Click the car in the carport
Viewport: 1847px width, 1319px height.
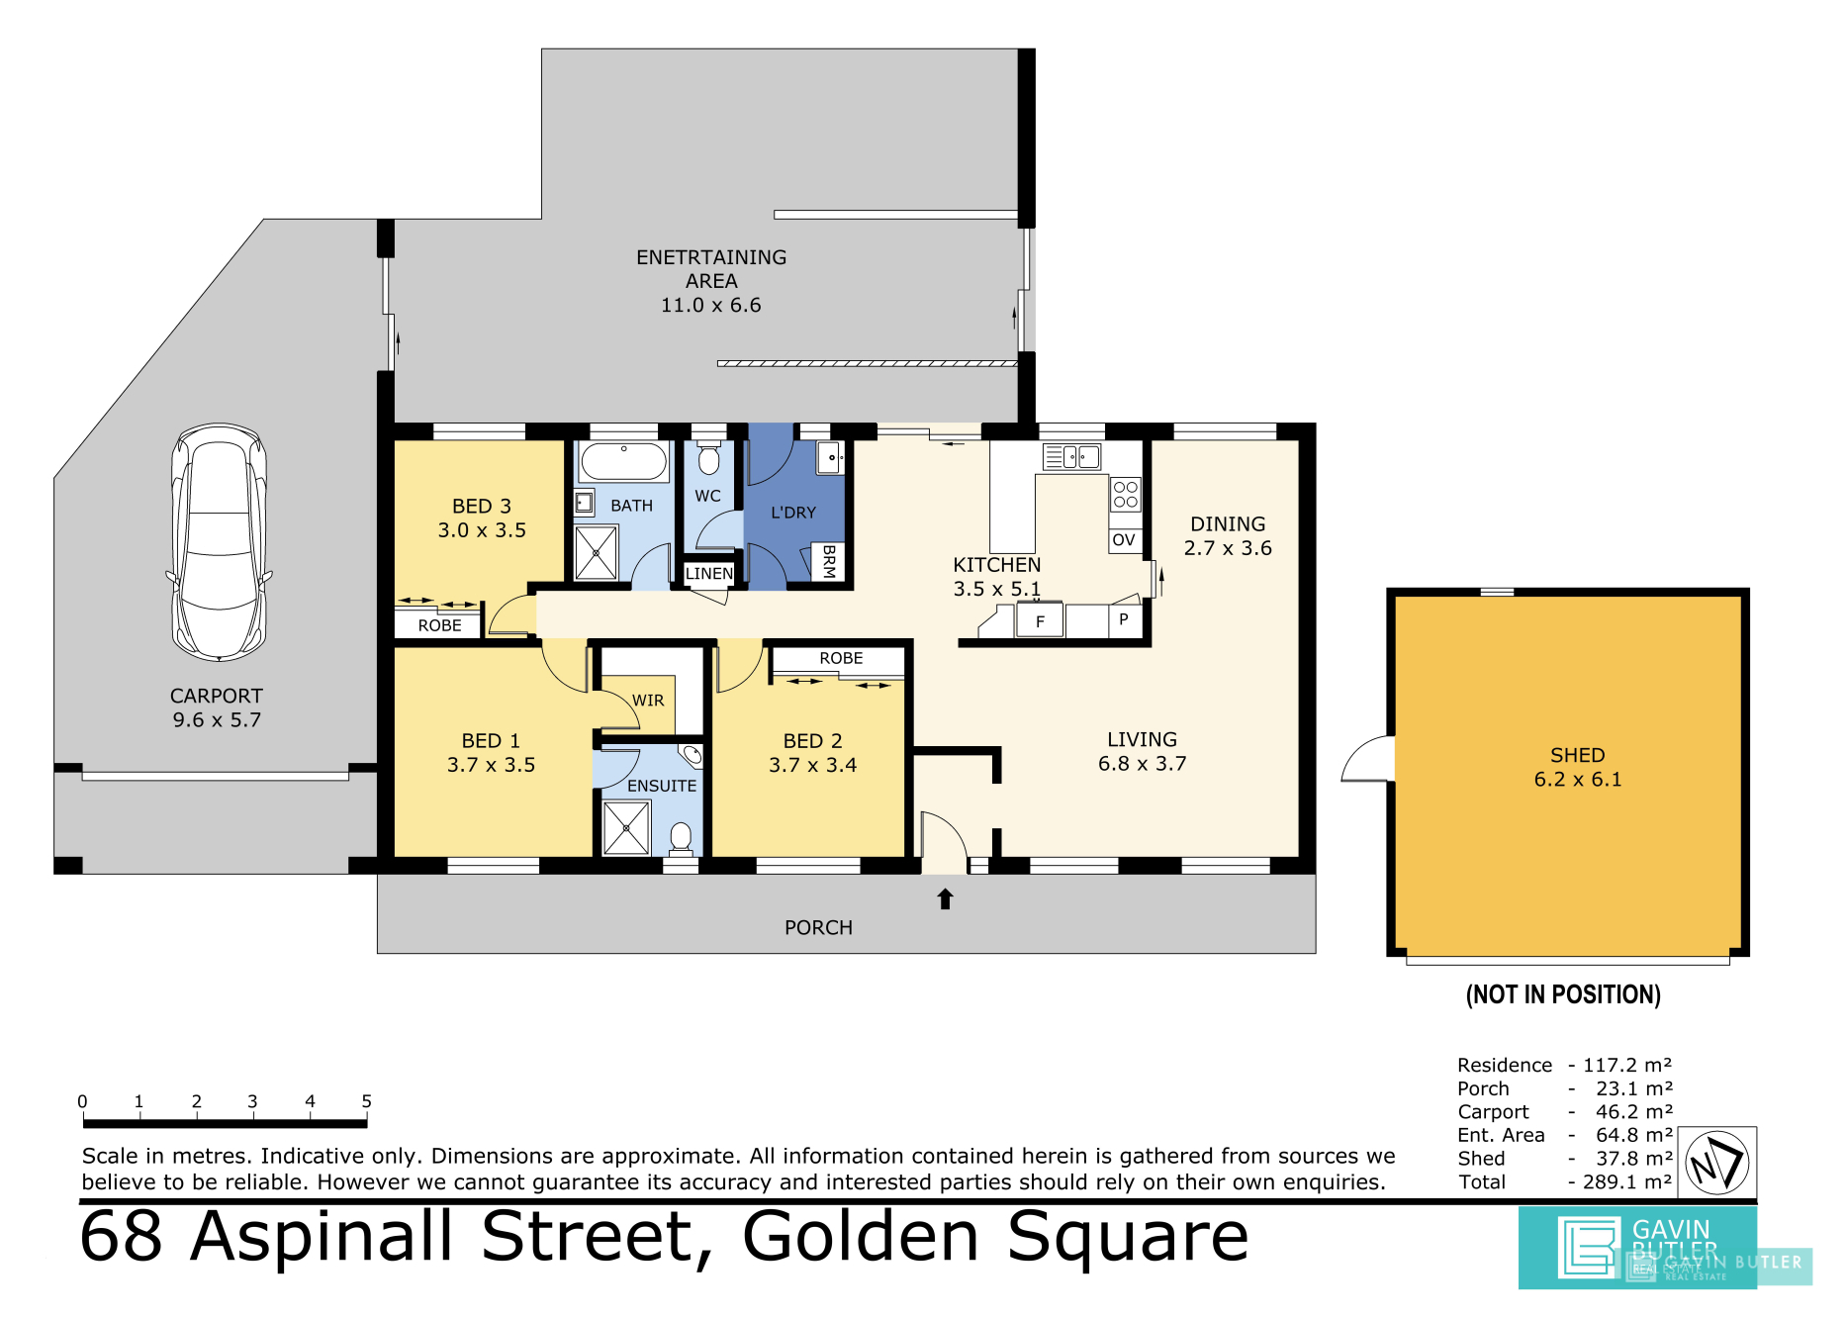point(219,542)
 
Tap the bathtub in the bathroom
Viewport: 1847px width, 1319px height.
point(623,461)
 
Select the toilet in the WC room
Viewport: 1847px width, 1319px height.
point(708,458)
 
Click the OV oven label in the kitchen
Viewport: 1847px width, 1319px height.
point(1124,540)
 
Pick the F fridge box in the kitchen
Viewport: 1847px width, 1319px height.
point(1040,621)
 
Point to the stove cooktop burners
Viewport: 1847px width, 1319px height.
point(1126,494)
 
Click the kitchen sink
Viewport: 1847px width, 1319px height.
point(1072,456)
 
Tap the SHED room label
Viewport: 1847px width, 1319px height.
point(1578,755)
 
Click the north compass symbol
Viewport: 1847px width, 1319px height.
point(1717,1163)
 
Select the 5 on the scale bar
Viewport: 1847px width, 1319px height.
point(366,1101)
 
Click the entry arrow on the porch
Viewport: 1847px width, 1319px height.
point(945,898)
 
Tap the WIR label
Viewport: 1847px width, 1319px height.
point(648,701)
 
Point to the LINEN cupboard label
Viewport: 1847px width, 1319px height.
point(709,574)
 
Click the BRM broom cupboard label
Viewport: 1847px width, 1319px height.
point(829,561)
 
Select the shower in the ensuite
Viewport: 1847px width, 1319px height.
point(626,827)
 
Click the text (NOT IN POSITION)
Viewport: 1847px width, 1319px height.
point(1563,994)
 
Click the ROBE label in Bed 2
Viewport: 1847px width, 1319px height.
point(841,658)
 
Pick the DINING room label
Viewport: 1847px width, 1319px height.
point(1228,524)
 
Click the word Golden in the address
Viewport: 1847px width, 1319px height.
point(861,1237)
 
